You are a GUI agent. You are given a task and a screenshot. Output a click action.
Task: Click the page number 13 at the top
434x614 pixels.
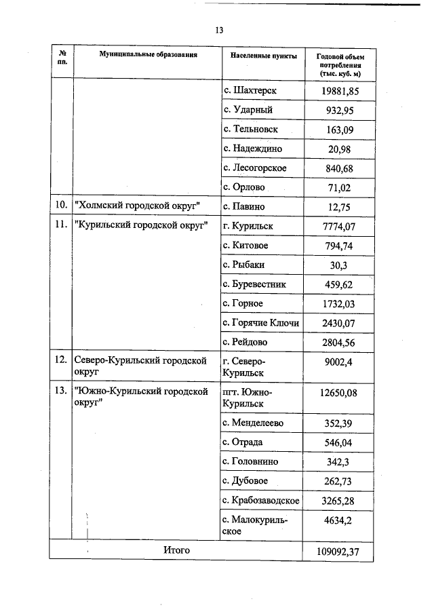point(219,31)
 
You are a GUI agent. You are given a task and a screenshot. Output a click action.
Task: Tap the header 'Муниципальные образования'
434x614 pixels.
point(148,54)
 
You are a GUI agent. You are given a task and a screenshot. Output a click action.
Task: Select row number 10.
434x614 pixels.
point(60,206)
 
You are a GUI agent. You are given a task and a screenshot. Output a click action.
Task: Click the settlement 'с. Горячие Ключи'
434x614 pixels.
point(261,322)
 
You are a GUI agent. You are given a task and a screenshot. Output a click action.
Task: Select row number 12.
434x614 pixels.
point(60,361)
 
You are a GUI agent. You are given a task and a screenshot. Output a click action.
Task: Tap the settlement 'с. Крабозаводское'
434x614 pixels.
point(261,500)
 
